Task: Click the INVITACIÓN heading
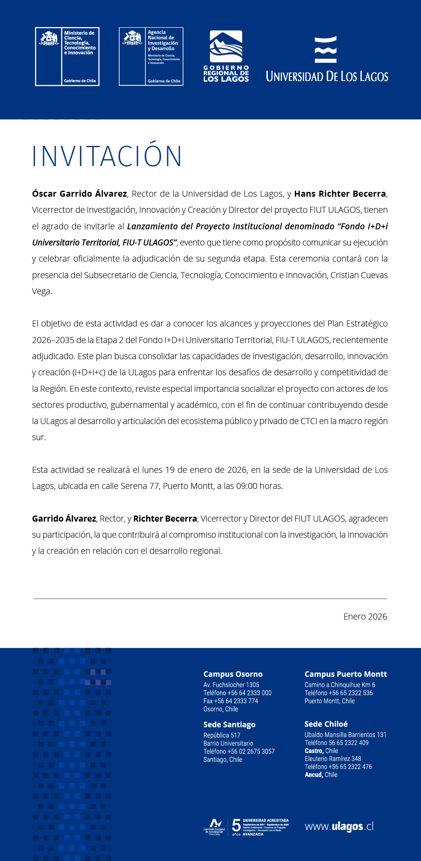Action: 107,156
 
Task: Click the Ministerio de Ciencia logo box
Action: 67,56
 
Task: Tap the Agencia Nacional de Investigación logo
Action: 151,56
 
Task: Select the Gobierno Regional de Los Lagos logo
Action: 226,56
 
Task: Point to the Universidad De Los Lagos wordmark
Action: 327,76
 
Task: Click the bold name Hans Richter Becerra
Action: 340,194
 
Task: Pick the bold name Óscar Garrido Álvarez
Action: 79,194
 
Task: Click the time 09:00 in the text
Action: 247,486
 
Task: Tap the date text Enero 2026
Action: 365,617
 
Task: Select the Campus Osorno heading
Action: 233,674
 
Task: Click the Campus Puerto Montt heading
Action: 346,674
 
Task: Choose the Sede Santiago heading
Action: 229,724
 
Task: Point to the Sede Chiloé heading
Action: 326,724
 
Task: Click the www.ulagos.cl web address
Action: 339,826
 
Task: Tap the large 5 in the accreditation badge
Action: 236,826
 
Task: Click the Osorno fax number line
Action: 230,701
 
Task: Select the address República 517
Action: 222,735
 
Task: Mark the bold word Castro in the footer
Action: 314,751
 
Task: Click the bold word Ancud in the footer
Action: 313,775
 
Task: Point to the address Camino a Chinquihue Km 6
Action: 340,685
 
